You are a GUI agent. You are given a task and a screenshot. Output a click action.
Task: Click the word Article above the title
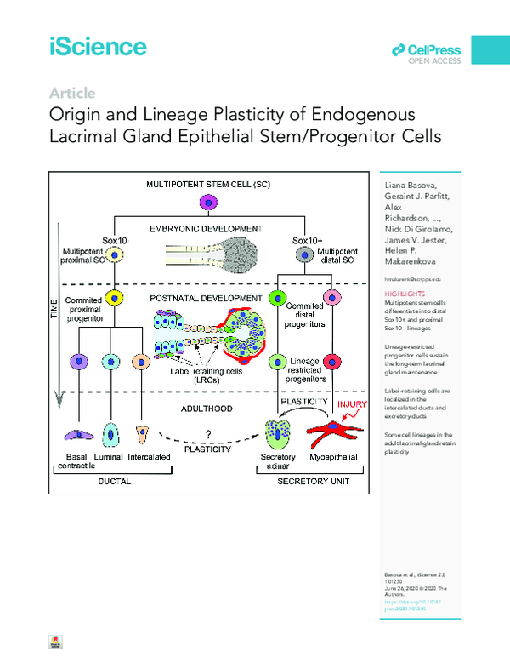72,94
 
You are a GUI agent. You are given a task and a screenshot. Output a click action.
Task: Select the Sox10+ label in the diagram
305,241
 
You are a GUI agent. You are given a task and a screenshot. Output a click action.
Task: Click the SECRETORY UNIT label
314,481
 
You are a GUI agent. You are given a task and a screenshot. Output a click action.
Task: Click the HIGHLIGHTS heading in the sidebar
400,294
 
